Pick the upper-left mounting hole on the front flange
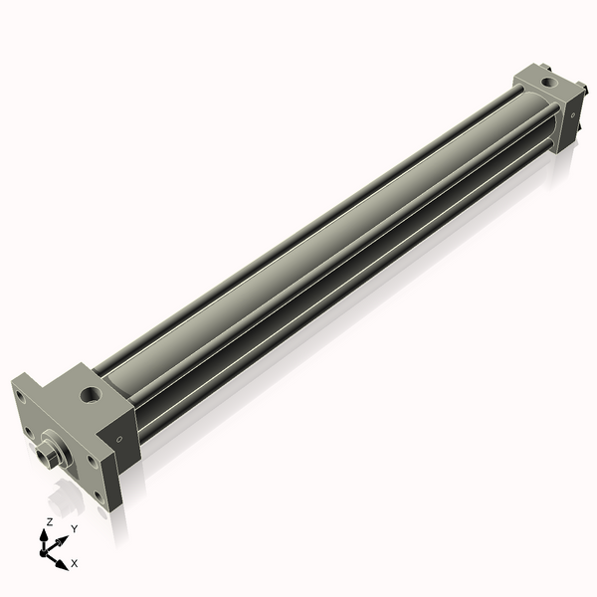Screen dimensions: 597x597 (x=21, y=396)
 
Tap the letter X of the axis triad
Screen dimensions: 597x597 (x=75, y=563)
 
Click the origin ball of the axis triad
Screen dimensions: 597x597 (x=47, y=548)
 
